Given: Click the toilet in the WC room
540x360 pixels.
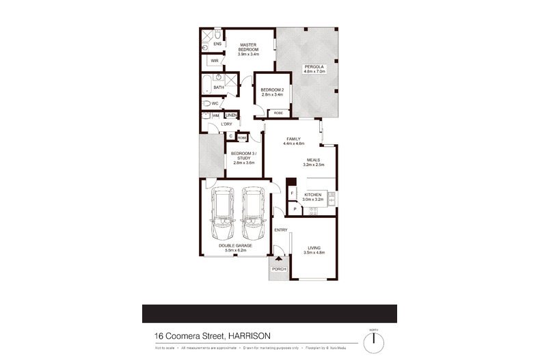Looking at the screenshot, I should coord(206,104).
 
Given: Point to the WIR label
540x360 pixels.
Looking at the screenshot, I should coord(214,61).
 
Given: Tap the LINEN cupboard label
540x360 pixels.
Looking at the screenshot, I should coord(230,115).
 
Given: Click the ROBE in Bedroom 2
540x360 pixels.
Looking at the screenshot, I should coord(279,113).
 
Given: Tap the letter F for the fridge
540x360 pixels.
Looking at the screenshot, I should coord(292,194).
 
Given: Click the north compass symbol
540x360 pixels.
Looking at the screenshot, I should coord(374,340).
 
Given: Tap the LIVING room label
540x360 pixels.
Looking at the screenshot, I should coord(314,248).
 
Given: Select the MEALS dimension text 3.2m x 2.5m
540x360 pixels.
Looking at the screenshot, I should coord(314,165).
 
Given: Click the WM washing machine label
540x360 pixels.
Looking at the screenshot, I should coord(215,116).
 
